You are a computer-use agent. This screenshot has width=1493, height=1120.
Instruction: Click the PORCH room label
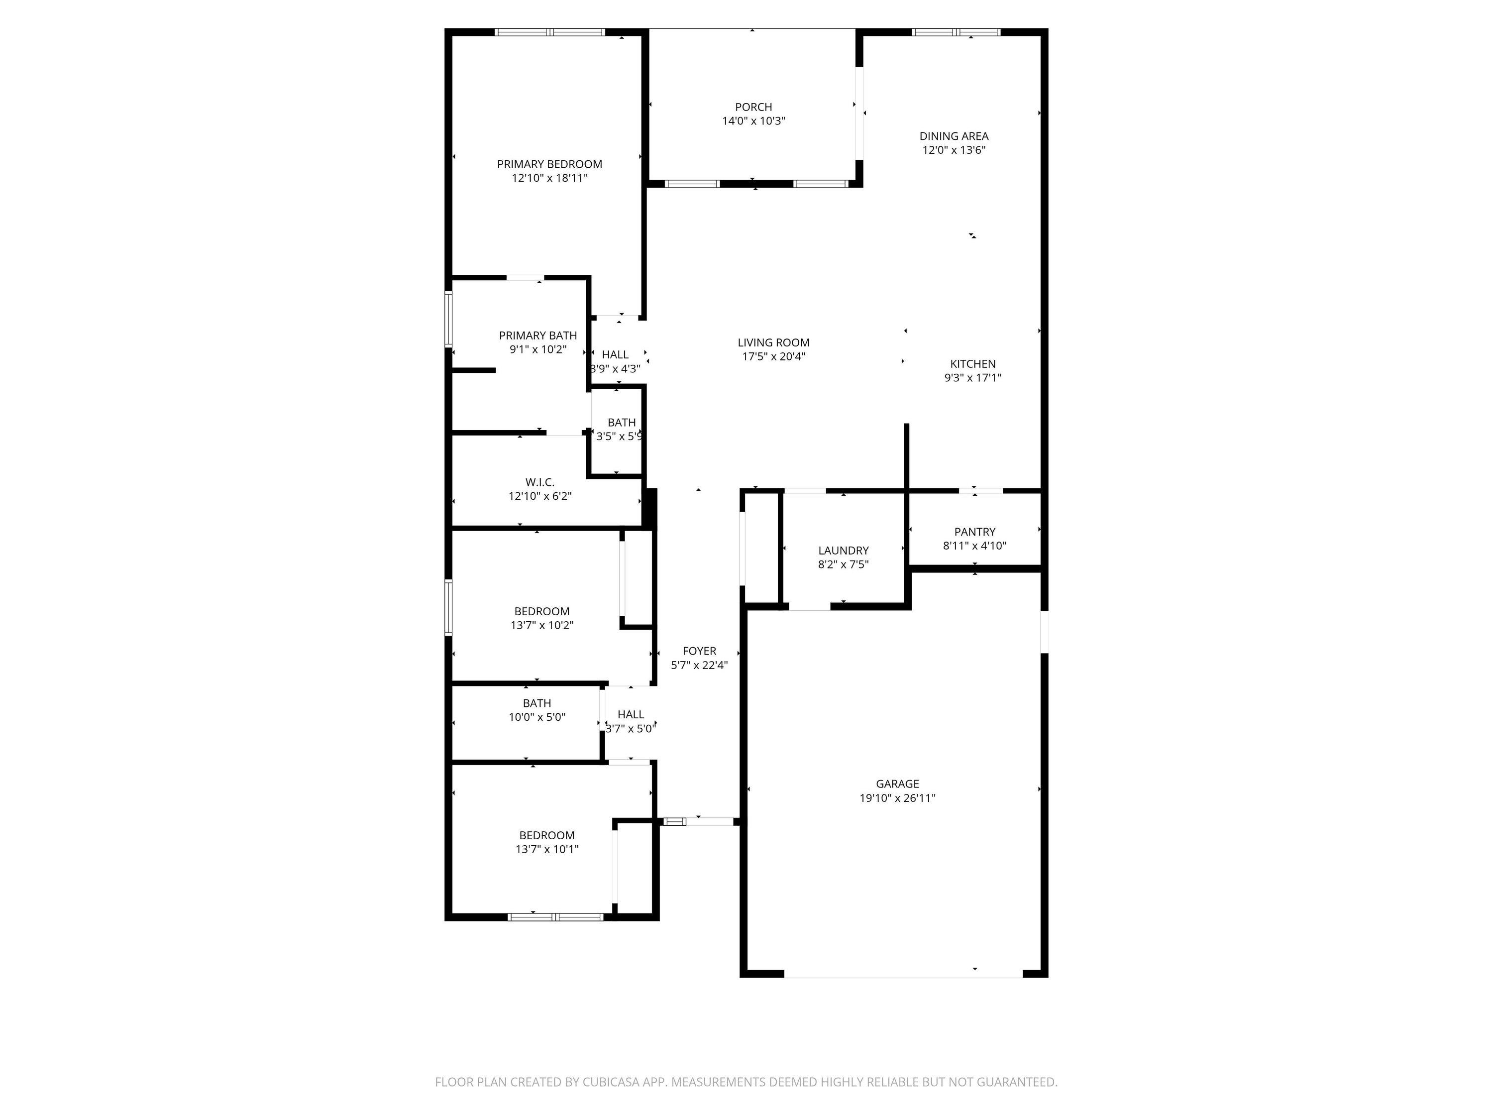753,107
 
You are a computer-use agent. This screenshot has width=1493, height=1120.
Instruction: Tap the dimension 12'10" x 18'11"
549,178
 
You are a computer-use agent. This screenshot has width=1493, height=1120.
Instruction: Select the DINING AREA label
954,136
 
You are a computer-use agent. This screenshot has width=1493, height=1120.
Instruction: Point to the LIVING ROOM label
773,343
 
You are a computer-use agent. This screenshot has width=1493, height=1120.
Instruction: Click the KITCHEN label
972,364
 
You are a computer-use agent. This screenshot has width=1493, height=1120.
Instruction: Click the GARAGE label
897,784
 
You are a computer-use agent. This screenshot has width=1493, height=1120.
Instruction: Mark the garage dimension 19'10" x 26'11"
897,798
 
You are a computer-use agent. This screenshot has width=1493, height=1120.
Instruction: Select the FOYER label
699,651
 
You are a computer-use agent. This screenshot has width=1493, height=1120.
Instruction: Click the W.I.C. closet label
540,482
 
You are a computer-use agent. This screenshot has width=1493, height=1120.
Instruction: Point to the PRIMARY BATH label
538,336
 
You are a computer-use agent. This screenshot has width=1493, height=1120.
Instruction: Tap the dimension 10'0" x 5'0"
536,717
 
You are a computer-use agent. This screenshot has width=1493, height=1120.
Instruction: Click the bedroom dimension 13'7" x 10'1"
547,849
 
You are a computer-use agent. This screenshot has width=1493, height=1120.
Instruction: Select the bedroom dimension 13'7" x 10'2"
541,625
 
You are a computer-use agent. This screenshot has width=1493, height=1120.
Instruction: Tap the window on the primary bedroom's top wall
549,32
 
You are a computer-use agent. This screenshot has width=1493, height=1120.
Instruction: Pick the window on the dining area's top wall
956,32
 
